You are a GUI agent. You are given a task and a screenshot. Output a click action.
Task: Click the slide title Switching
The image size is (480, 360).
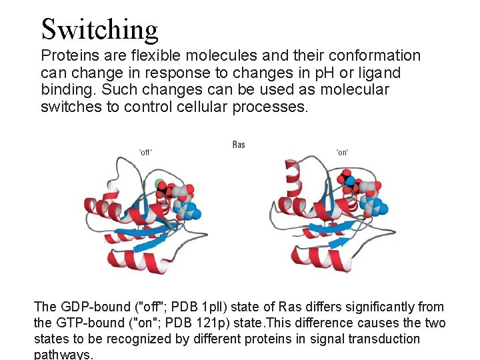point(99,29)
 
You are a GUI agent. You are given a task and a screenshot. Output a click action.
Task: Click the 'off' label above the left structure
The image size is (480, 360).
point(145,152)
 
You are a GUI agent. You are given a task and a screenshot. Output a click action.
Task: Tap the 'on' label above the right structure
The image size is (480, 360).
point(343,152)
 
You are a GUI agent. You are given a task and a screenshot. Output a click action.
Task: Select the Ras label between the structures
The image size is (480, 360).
point(239,145)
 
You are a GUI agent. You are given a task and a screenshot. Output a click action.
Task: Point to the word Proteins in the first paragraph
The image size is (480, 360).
point(69,56)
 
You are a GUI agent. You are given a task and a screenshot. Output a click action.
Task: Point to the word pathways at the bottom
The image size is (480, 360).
point(63,355)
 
